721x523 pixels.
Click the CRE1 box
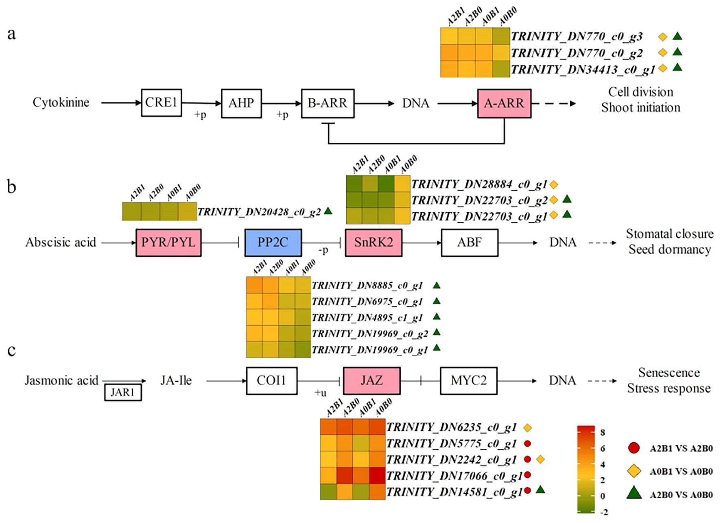click(x=161, y=103)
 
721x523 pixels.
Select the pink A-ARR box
click(x=504, y=103)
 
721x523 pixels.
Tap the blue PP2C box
click(x=273, y=243)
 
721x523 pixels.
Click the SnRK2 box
click(x=373, y=243)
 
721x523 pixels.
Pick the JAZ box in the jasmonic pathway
click(x=371, y=381)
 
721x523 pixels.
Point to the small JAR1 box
click(x=122, y=393)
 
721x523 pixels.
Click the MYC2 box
click(x=468, y=381)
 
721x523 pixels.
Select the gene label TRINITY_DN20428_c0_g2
click(x=259, y=212)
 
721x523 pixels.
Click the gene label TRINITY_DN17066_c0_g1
click(x=454, y=475)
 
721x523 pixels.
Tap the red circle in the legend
click(x=634, y=448)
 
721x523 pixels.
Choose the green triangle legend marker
click(x=634, y=494)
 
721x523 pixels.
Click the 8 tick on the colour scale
click(x=603, y=432)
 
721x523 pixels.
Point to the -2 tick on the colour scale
click(x=604, y=512)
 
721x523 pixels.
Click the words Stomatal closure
click(x=669, y=234)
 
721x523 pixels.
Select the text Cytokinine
click(x=61, y=102)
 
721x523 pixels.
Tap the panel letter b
click(x=12, y=187)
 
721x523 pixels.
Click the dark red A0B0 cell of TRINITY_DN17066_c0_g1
click(x=377, y=475)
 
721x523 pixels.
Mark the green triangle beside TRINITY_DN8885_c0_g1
click(x=437, y=285)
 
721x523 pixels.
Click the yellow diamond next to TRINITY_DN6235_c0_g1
click(x=527, y=428)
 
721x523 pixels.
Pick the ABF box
click(x=469, y=243)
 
